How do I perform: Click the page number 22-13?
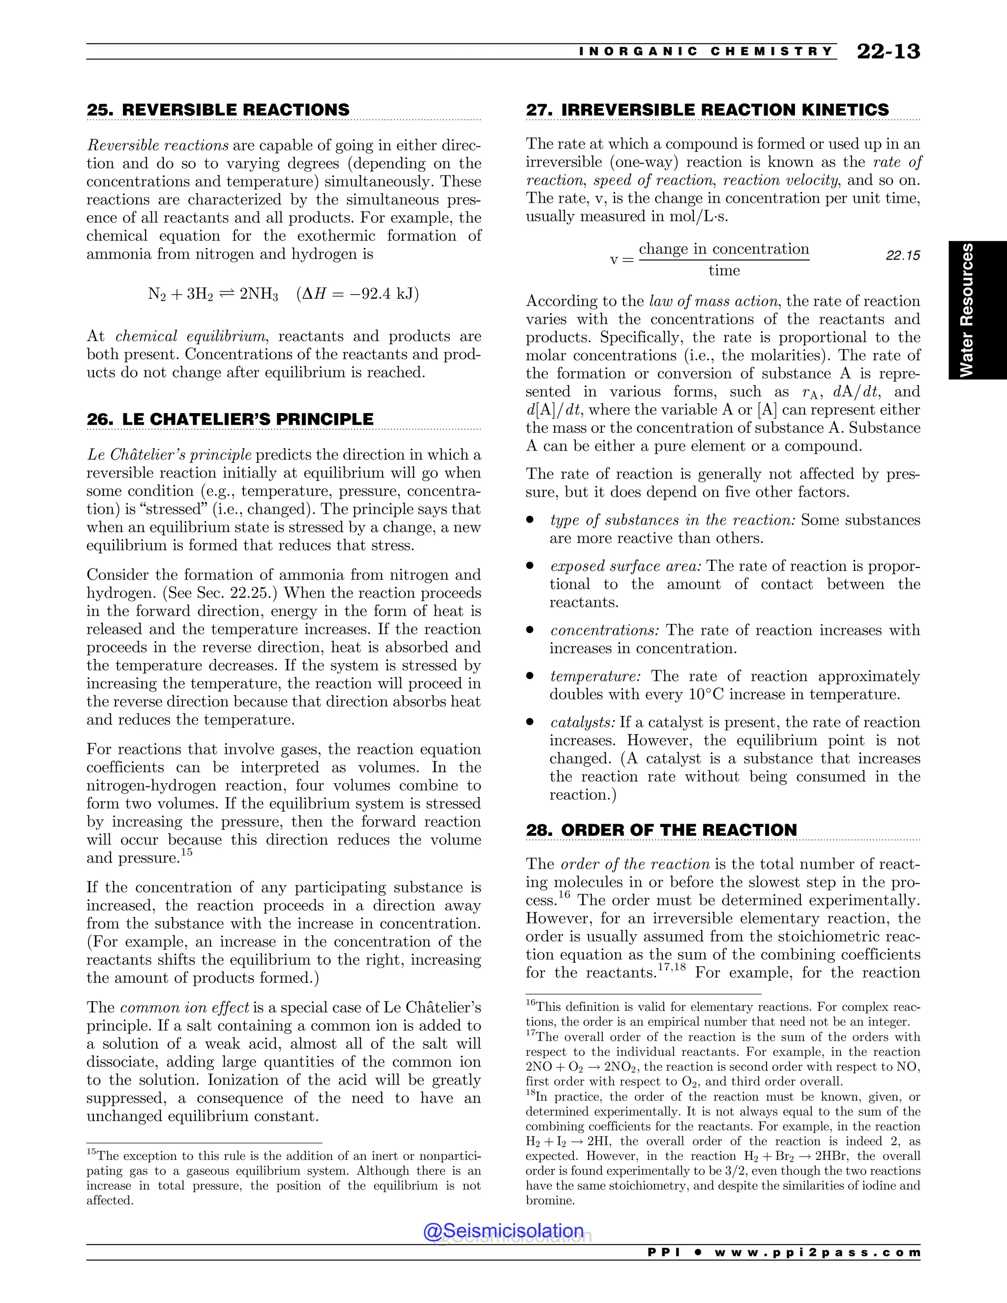pos(888,52)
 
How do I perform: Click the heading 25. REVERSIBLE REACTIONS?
pos(218,110)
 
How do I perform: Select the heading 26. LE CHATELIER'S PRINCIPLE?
pos(230,419)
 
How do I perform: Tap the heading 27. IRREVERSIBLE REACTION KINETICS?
pos(707,110)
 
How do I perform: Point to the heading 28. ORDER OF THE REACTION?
pos(661,830)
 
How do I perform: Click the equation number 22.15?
pos(903,256)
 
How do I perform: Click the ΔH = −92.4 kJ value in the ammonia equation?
pos(357,294)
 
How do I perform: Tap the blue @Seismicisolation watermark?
pos(503,1231)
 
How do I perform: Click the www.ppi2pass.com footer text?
pos(817,1252)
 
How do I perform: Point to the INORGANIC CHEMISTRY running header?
pos(706,52)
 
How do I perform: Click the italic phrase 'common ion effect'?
pos(184,1007)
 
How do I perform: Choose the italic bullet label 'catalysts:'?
pos(582,722)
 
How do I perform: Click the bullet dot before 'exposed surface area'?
pos(530,566)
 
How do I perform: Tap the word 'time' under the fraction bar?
pos(724,271)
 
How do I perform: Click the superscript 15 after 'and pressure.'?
pos(187,853)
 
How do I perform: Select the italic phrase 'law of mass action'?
pos(713,301)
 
